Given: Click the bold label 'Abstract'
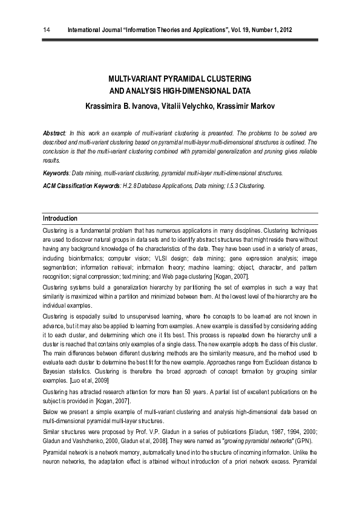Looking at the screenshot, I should [54, 132].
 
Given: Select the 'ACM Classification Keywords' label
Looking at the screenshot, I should [80, 185].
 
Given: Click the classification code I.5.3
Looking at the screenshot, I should [232, 185].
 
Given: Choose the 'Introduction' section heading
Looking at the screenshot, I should [60, 218].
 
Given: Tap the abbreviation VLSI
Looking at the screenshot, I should [162, 259].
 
